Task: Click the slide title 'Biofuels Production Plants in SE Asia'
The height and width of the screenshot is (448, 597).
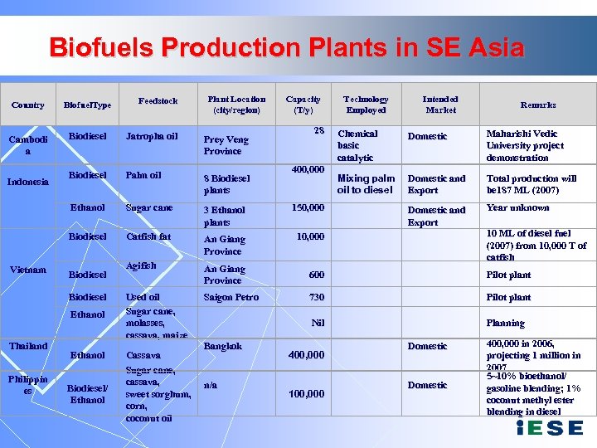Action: point(287,46)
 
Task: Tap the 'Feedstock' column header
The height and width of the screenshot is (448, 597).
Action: point(158,101)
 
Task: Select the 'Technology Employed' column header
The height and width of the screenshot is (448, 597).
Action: point(366,105)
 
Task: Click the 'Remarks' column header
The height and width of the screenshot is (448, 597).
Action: point(538,105)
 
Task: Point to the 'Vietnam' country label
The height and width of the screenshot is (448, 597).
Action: point(28,270)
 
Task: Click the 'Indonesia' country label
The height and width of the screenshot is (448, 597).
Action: point(28,181)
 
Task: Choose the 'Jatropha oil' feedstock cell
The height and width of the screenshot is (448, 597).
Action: point(152,136)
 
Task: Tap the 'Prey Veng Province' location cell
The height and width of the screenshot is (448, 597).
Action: point(226,145)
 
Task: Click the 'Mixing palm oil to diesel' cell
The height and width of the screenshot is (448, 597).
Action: point(366,183)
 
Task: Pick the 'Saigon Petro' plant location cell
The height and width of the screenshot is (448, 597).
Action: point(231,297)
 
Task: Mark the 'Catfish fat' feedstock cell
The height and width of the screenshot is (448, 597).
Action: point(148,236)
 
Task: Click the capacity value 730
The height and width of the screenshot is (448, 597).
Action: point(316,297)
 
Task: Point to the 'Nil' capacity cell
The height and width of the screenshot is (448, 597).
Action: point(318,323)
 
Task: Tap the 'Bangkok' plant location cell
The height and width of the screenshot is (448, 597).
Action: point(223,346)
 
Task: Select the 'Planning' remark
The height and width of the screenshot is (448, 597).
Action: point(505,323)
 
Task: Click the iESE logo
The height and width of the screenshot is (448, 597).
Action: point(549,428)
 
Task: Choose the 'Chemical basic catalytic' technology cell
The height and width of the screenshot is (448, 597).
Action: point(357,145)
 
